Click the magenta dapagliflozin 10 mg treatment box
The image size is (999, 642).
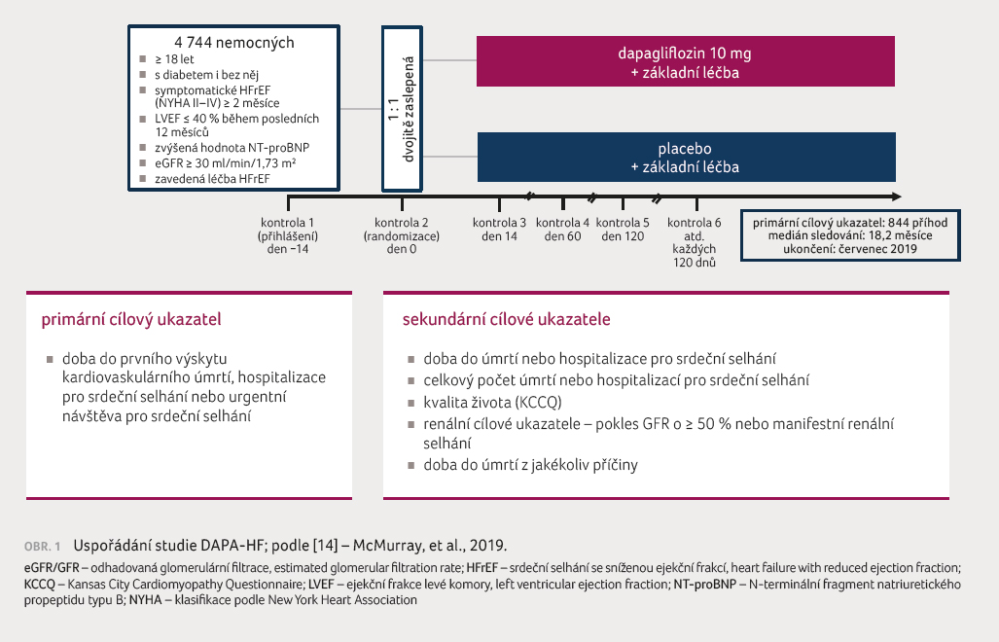point(686,61)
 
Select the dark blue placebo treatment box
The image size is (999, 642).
point(686,158)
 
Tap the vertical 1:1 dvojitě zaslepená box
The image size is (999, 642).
point(402,109)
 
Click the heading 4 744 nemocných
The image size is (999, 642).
point(234,43)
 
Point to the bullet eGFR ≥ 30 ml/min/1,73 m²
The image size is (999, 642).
point(225,163)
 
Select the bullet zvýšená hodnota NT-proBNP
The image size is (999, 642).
point(232,148)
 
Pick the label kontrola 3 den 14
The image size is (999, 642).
point(500,230)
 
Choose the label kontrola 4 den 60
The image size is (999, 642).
point(562,230)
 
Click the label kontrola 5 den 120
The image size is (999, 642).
point(623,230)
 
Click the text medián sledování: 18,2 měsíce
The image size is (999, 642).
point(850,235)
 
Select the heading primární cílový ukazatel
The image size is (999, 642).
point(131,320)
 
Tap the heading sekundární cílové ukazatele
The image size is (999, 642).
point(507,319)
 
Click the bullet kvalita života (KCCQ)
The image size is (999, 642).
point(492,403)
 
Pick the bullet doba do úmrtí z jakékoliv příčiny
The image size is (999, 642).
point(530,465)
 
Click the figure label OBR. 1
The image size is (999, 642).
point(43,547)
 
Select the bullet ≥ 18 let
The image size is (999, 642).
point(174,59)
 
